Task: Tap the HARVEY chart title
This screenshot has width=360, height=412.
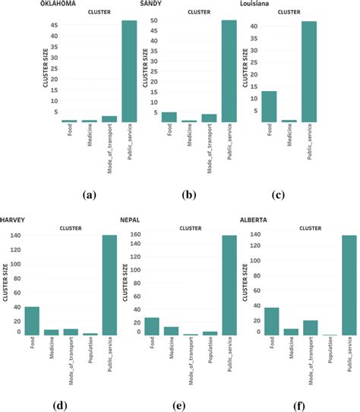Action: tap(14, 219)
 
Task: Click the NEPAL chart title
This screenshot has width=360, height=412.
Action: tap(131, 219)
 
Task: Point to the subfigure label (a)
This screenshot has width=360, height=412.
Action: tap(90, 195)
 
